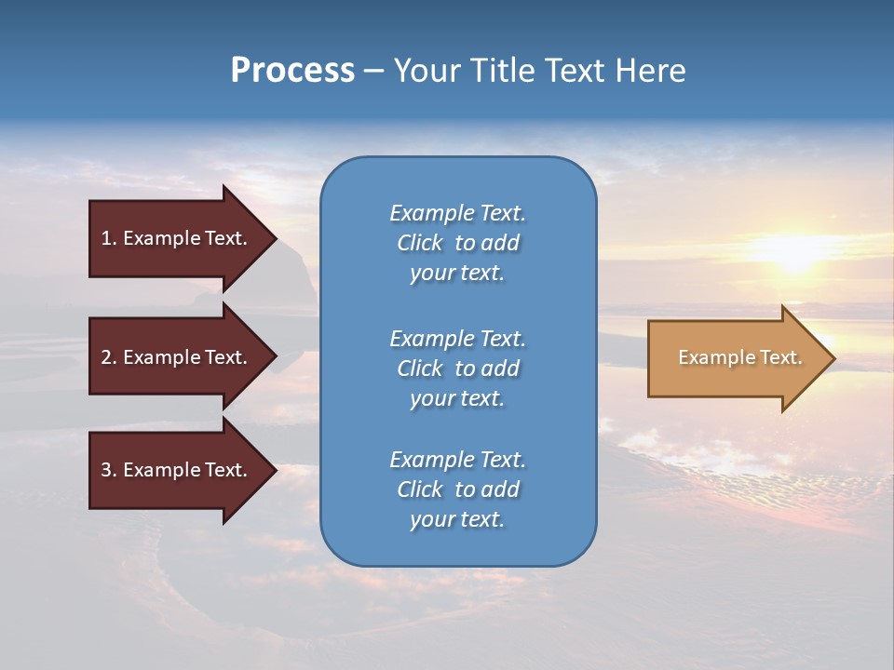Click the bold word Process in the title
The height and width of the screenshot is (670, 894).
(x=292, y=71)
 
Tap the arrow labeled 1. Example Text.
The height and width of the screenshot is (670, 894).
(x=173, y=238)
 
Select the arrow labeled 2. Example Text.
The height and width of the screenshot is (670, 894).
(x=173, y=357)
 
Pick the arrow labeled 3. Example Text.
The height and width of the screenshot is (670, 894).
(x=173, y=470)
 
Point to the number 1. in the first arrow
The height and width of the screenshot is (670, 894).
(x=108, y=238)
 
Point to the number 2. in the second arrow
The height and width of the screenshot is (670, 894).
(x=108, y=357)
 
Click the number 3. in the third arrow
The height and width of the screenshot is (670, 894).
(x=108, y=470)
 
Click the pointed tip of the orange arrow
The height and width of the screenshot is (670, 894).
(x=830, y=358)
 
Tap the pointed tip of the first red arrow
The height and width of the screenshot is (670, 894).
(x=272, y=238)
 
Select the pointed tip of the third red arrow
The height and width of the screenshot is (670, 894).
(x=272, y=470)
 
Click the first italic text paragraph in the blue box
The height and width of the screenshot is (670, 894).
(x=457, y=243)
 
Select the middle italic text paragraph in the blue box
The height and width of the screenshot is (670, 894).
(x=457, y=368)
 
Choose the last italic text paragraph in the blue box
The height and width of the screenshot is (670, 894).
(x=457, y=489)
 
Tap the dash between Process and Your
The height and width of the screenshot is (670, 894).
(x=373, y=71)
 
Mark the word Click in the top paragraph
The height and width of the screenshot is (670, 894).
(x=419, y=243)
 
